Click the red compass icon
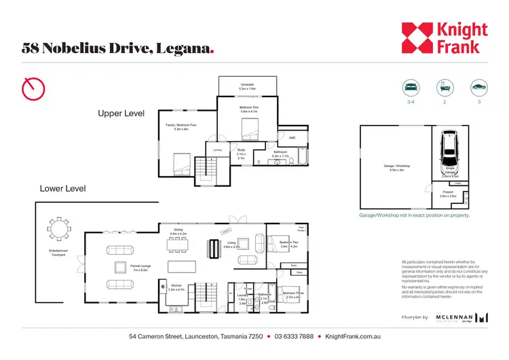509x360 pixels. (x=34, y=88)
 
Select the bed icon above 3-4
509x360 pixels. (x=410, y=88)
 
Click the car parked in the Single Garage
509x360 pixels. (x=449, y=148)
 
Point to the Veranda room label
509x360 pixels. (x=247, y=86)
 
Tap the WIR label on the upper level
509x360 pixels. (x=292, y=137)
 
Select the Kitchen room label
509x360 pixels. (x=176, y=287)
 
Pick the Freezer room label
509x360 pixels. (x=447, y=193)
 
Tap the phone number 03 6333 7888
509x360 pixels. (x=294, y=336)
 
